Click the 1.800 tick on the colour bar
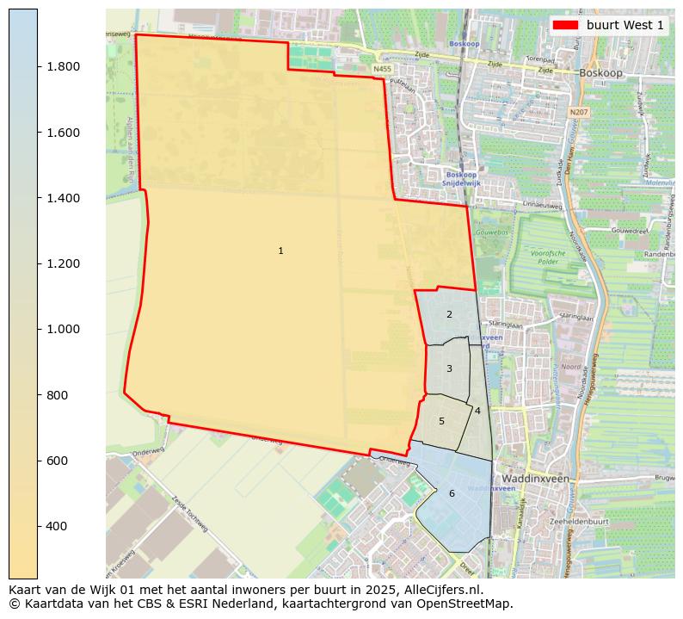[x=64, y=67]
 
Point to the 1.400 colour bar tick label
[x=64, y=198]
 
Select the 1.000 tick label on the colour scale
[x=64, y=330]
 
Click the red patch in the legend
[x=565, y=25]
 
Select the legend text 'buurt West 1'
[x=625, y=25]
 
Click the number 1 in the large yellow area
[x=280, y=251]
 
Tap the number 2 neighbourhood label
[x=449, y=315]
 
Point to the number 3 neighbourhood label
[x=449, y=368]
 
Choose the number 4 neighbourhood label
[x=477, y=411]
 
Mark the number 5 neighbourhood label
[x=441, y=421]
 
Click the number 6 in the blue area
[x=452, y=493]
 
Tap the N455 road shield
[x=382, y=68]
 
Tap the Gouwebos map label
[x=491, y=232]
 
